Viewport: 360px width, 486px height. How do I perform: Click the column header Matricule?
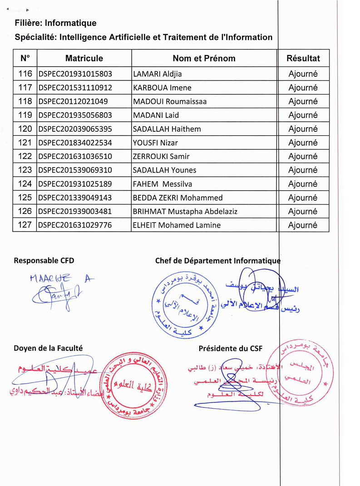click(84, 58)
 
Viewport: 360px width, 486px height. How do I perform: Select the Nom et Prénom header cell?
click(204, 58)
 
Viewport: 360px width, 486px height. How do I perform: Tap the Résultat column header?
click(303, 58)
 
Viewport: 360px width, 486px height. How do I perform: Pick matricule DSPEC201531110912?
click(75, 88)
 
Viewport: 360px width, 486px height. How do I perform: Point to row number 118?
click(25, 101)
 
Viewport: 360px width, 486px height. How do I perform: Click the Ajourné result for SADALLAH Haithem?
click(303, 129)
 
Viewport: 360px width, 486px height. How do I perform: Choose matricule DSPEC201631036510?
click(75, 156)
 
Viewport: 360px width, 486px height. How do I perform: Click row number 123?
click(25, 170)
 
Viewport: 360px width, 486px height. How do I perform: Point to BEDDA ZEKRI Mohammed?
click(178, 198)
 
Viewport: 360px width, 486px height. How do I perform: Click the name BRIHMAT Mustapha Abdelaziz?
click(185, 211)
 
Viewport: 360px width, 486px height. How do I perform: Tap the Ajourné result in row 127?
click(303, 225)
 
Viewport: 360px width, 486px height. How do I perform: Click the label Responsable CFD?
click(44, 261)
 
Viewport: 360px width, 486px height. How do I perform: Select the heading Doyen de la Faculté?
click(48, 348)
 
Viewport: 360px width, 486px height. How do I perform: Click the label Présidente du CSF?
click(230, 348)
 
